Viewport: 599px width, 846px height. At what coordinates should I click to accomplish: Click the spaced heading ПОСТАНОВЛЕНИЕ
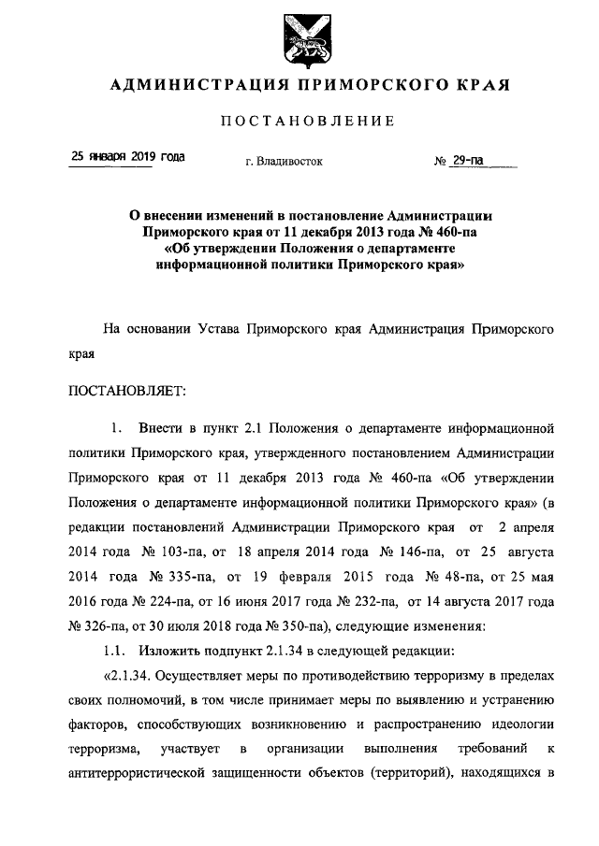(x=308, y=121)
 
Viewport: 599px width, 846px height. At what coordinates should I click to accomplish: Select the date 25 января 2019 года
(x=127, y=156)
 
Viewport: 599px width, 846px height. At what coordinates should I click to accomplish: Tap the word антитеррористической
(x=159, y=770)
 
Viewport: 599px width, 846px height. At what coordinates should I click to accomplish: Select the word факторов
(x=97, y=722)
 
